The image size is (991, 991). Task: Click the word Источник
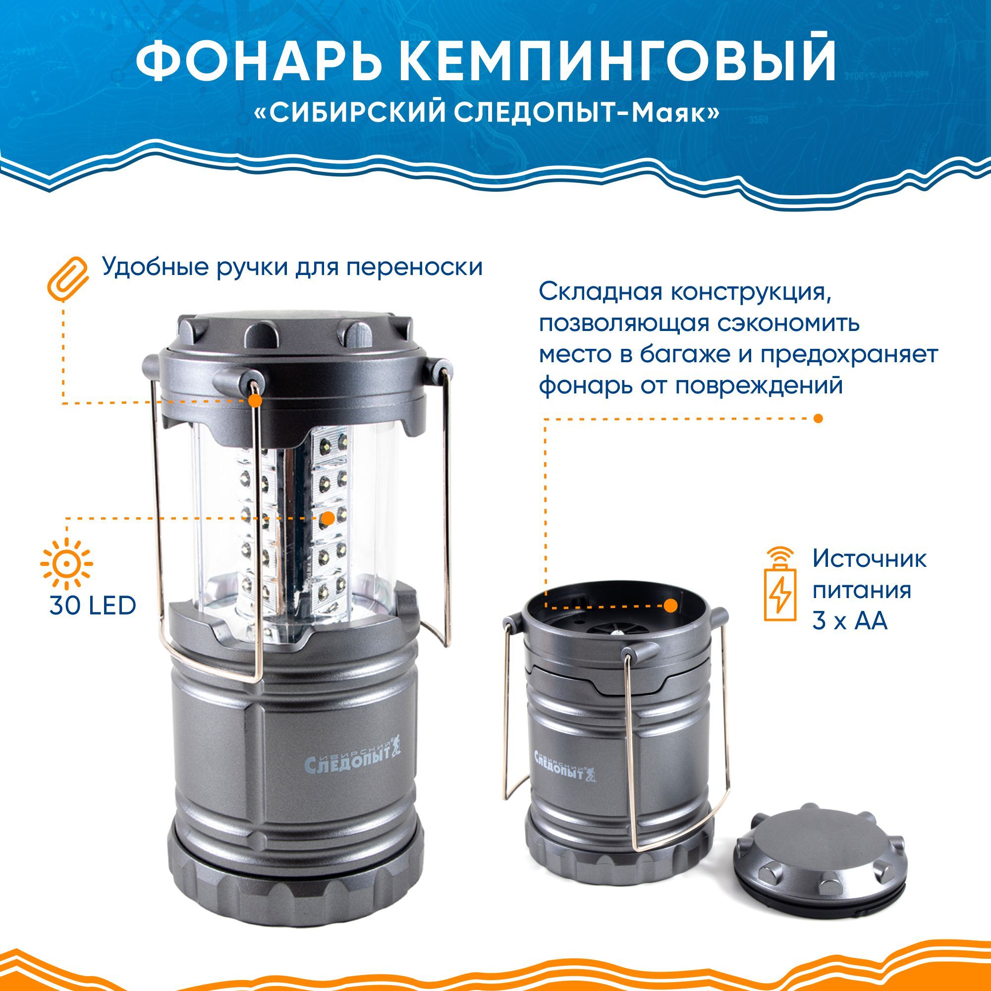pyautogui.click(x=870, y=559)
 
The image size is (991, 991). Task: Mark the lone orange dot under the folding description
pyautogui.click(x=819, y=418)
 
